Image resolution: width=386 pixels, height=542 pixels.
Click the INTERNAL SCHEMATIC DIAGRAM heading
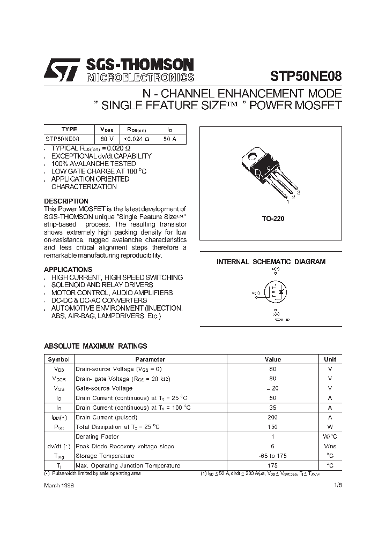271,262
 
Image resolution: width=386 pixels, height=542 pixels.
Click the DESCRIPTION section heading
66,201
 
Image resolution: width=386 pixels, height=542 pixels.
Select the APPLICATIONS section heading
68,269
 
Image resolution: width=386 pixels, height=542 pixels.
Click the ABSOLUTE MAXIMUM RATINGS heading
95,346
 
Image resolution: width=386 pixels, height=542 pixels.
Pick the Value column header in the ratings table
273,359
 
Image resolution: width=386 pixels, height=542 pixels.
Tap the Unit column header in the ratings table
330,359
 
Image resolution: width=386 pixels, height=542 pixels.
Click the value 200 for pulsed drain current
273,417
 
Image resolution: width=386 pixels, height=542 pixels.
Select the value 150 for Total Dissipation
273,427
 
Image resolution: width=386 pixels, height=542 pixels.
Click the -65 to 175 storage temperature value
273,456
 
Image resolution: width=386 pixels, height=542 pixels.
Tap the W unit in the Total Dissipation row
330,427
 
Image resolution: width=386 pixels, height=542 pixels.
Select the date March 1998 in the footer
59,484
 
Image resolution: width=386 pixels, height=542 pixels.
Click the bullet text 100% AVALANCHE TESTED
86,163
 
